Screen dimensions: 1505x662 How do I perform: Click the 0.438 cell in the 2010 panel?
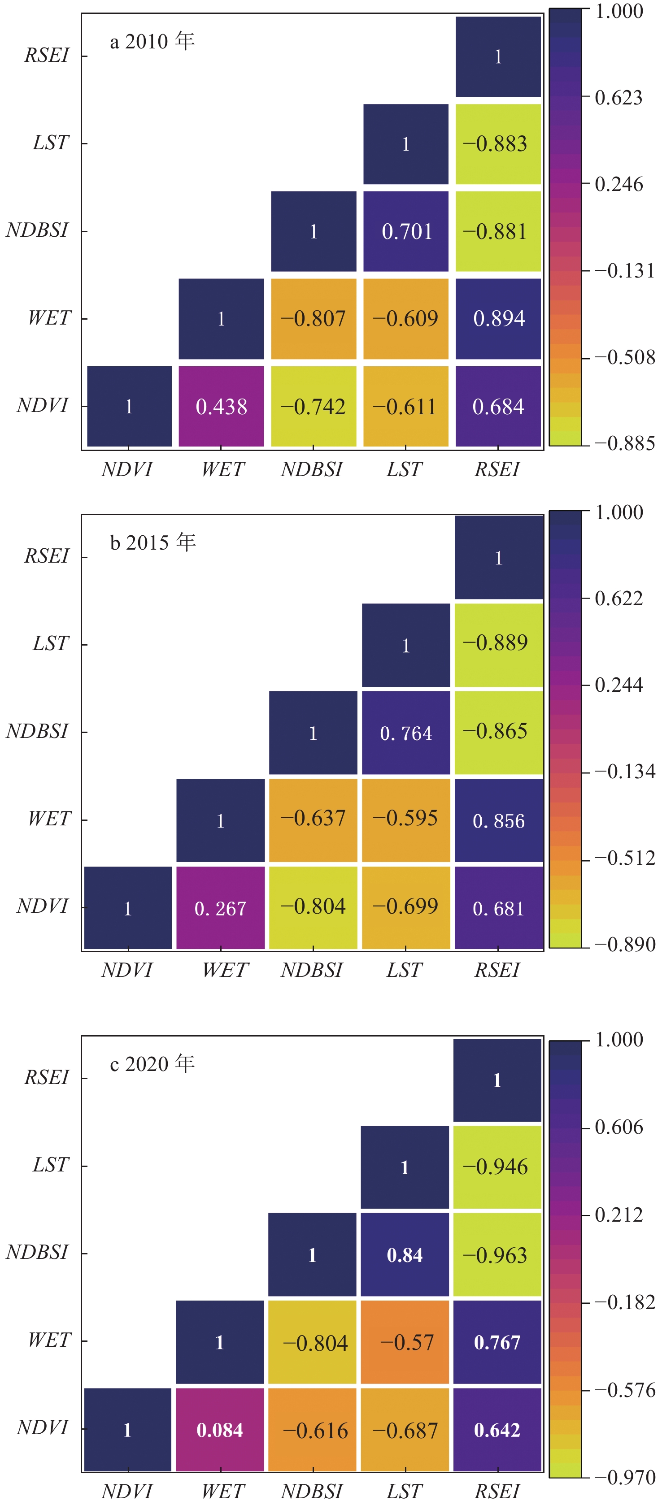click(x=221, y=407)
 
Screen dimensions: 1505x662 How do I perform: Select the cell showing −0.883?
click(x=498, y=144)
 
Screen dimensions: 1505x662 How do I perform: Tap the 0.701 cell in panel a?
click(x=406, y=231)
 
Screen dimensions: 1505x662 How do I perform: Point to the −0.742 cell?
click(x=313, y=407)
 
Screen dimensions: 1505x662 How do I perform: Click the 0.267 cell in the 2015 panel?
click(x=220, y=908)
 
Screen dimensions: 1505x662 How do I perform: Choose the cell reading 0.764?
click(x=406, y=733)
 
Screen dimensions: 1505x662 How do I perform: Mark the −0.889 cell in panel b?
click(x=498, y=644)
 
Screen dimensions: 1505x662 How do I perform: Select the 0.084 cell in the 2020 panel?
click(x=220, y=1430)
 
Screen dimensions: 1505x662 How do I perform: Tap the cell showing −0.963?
click(x=497, y=1255)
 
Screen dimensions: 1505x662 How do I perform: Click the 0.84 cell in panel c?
click(x=405, y=1255)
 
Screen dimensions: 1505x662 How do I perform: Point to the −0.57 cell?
click(x=405, y=1342)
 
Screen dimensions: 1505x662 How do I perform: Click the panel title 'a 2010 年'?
click(x=152, y=42)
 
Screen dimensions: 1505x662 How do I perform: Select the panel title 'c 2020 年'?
click(x=152, y=1064)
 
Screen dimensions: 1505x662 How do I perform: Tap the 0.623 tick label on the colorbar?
click(x=618, y=98)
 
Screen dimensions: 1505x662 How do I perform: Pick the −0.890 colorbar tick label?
click(x=624, y=944)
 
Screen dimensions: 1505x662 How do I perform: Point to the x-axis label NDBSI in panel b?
click(x=311, y=971)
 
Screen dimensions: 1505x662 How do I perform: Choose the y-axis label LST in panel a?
click(x=51, y=143)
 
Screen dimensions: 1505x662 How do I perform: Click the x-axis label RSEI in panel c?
click(x=496, y=1492)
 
